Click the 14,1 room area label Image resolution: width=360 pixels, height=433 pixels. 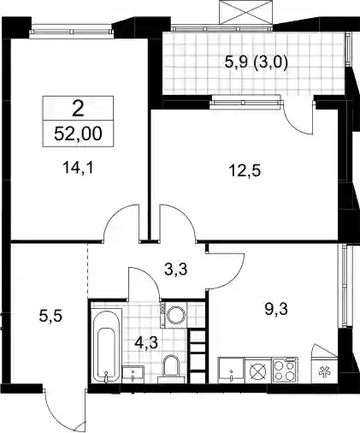pyautogui.click(x=78, y=168)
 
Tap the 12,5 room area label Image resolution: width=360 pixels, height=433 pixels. pyautogui.click(x=245, y=171)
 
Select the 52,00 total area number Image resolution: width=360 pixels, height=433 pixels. pyautogui.click(x=78, y=133)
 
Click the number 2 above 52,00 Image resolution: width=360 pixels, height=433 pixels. pyautogui.click(x=78, y=110)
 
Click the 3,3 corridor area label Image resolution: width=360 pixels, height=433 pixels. pyautogui.click(x=176, y=269)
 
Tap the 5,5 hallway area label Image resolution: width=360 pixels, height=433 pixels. pyautogui.click(x=50, y=317)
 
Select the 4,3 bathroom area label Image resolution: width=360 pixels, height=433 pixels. pyautogui.click(x=146, y=342)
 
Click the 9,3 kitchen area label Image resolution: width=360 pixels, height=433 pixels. pyautogui.click(x=276, y=309)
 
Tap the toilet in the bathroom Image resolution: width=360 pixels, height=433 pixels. pyautogui.click(x=171, y=369)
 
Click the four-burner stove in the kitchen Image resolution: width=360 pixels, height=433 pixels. pyautogui.click(x=284, y=371)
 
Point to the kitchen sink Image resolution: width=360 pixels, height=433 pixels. pyautogui.click(x=231, y=371)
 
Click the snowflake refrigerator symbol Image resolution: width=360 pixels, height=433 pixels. pyautogui.click(x=323, y=372)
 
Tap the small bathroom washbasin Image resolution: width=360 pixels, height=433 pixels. pyautogui.click(x=133, y=375)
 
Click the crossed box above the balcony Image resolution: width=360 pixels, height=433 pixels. pyautogui.click(x=246, y=13)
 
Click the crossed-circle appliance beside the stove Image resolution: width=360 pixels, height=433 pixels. pyautogui.click(x=258, y=371)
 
